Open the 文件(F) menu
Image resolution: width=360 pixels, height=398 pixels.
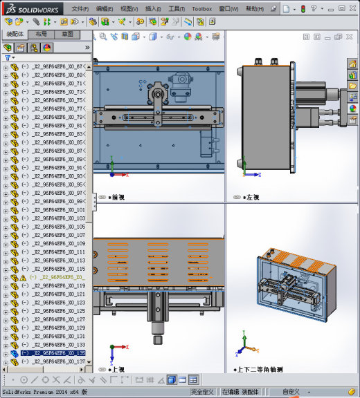point(80,9)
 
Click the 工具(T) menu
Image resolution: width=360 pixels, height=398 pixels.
point(177,9)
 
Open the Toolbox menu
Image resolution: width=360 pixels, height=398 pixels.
point(201,9)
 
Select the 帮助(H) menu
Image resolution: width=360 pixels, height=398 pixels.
point(255,9)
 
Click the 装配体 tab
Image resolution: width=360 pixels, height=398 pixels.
point(15,34)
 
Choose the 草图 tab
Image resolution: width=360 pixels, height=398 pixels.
point(68,34)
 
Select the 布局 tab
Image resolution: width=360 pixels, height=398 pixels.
point(42,34)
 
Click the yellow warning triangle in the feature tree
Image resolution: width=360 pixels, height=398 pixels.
point(22,277)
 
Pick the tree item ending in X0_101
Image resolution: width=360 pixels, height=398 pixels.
point(59,209)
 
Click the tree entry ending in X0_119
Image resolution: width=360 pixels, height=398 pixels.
point(59,285)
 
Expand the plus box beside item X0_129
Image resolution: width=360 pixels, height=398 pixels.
point(6,328)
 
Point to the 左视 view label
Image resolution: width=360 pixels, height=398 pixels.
point(251,197)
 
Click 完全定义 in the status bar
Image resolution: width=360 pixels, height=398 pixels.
point(203,392)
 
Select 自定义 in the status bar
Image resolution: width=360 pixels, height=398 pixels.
point(291,392)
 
